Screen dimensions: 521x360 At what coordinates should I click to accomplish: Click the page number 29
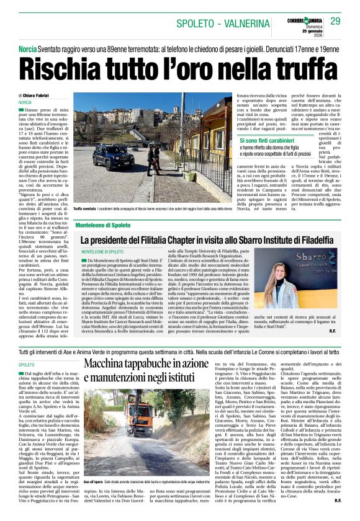tap(336, 22)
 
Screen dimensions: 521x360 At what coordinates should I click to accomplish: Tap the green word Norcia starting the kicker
tap(27, 49)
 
